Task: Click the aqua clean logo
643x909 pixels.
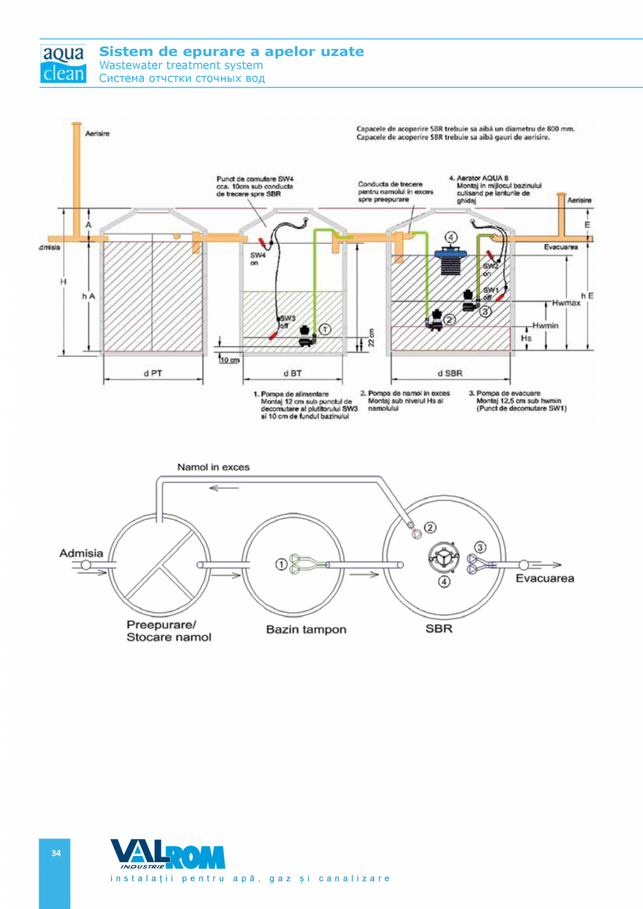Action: [x=64, y=64]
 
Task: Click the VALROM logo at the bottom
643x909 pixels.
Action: [x=168, y=854]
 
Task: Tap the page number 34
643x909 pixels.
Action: [x=56, y=853]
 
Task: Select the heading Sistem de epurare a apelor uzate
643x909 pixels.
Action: [x=231, y=52]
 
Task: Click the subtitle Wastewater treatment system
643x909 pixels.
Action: [x=181, y=65]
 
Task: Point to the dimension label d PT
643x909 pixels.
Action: [x=153, y=373]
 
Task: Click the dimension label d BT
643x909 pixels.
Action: [x=292, y=373]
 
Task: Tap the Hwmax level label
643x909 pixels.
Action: [x=565, y=304]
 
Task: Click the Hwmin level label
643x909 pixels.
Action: [x=544, y=326]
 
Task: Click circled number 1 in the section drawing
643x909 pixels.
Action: [x=324, y=328]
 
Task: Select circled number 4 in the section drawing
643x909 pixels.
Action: [x=451, y=238]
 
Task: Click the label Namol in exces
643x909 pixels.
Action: [x=213, y=467]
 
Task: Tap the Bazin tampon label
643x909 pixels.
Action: [x=305, y=630]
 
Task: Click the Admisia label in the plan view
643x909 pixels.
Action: [x=81, y=553]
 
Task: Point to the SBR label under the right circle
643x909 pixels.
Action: [x=439, y=629]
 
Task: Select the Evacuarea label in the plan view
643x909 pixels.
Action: [x=544, y=578]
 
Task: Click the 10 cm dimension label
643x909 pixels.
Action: [x=229, y=361]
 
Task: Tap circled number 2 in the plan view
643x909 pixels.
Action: [x=431, y=528]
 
